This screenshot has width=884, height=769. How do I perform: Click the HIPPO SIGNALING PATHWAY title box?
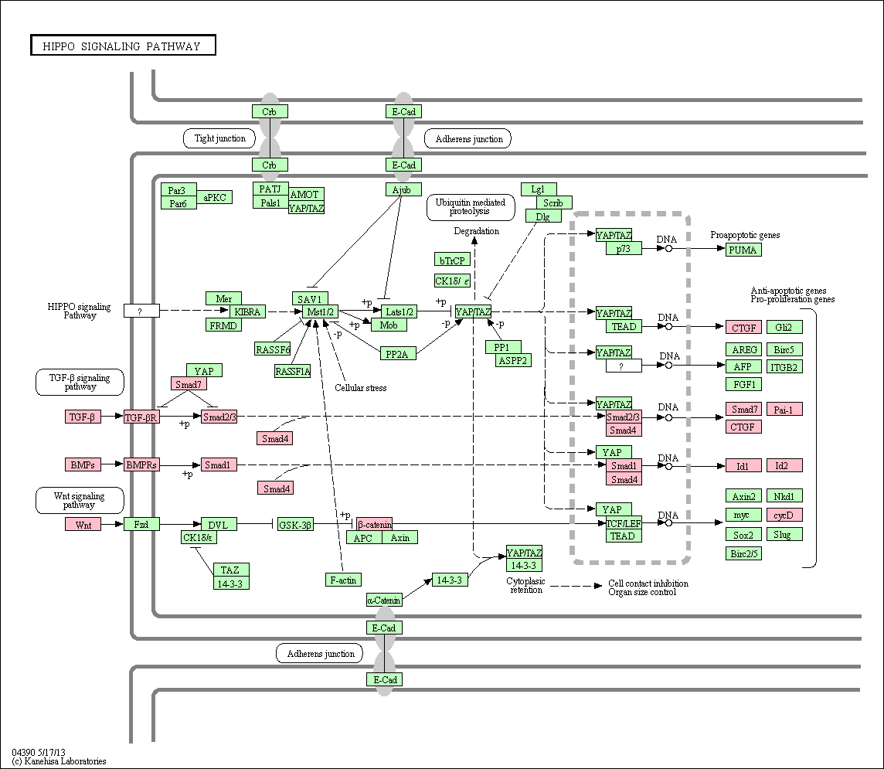coord(123,46)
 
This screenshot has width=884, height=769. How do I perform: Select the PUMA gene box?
coord(743,250)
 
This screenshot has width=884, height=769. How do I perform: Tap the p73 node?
coord(624,248)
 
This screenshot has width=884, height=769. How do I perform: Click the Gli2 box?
coord(784,327)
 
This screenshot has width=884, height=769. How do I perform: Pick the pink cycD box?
coord(784,515)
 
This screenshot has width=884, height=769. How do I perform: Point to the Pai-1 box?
coord(784,410)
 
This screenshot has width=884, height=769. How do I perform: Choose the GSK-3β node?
coord(295,525)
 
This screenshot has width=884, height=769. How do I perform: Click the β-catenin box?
coord(374,524)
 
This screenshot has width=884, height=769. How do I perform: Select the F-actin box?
coord(343,580)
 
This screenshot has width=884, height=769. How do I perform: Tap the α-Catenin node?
coord(384,600)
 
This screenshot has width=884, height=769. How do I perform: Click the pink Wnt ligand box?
coord(83,525)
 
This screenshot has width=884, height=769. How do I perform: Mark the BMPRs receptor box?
coord(141,465)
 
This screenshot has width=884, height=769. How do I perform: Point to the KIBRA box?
coord(247,311)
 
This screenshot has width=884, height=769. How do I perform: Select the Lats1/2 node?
coord(399,311)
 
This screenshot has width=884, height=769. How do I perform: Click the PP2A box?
coord(397,354)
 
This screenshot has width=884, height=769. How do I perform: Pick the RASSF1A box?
coord(293,371)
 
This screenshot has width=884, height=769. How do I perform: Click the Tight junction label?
coord(220,138)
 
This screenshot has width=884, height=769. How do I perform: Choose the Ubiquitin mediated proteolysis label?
coord(471,207)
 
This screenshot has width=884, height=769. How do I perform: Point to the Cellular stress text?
coord(361,388)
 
